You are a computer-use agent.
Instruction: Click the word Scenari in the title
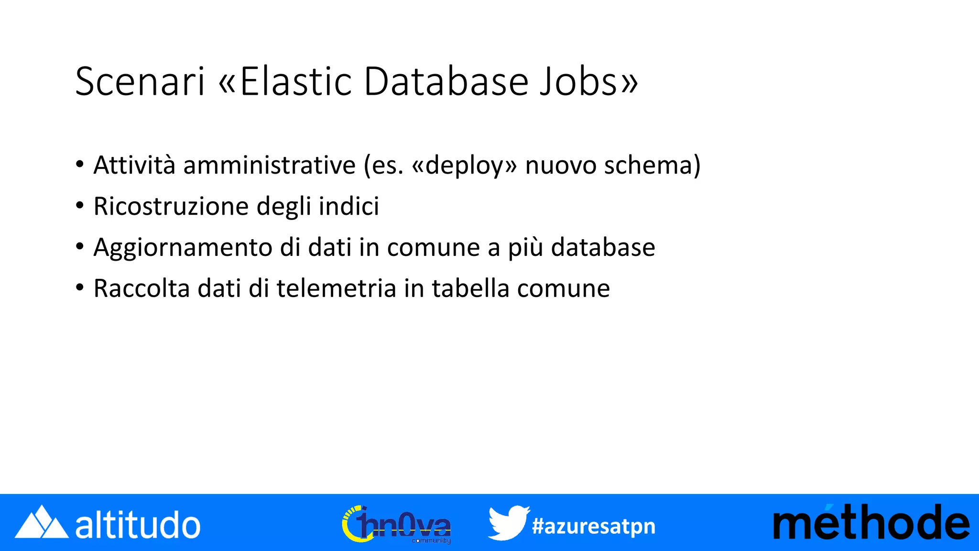coord(140,81)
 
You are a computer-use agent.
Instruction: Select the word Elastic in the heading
coord(296,81)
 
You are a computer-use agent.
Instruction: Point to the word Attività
coord(134,165)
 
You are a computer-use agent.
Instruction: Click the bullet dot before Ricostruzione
coord(80,206)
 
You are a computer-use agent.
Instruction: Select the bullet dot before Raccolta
coord(80,288)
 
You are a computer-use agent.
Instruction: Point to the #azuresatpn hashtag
coord(593,526)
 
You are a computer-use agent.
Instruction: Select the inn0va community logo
coord(397,525)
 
